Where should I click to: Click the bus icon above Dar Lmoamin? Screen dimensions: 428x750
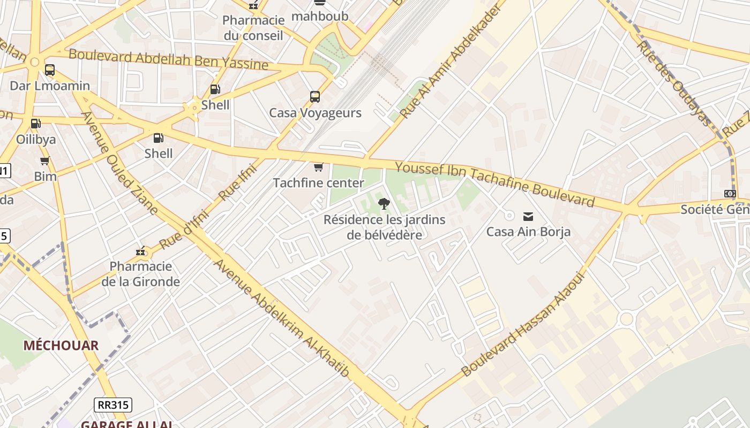(50, 70)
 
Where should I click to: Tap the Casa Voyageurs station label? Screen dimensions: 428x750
(315, 113)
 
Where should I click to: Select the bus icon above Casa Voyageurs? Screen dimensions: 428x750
(315, 97)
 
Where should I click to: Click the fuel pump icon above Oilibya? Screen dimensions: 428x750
(36, 124)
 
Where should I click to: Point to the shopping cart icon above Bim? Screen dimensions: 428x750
(45, 160)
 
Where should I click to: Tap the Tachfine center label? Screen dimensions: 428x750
(318, 183)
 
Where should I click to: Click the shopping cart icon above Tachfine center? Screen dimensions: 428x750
(318, 167)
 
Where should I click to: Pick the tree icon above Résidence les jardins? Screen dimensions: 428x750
(384, 203)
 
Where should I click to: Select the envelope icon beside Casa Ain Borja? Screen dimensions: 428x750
(528, 216)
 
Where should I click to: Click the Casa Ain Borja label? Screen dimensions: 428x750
(528, 232)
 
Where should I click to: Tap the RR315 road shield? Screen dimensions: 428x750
(113, 405)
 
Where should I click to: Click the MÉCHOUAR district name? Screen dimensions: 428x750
(61, 346)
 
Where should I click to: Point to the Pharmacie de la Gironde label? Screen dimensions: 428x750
(141, 274)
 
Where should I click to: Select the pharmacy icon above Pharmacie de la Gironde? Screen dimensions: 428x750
(141, 251)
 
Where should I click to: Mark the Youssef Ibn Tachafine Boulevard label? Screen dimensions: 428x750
(495, 185)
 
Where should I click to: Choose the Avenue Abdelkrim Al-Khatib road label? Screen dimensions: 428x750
(281, 319)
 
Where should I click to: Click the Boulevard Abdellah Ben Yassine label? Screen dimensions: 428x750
(168, 59)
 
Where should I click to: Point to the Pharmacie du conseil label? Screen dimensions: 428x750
(253, 28)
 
